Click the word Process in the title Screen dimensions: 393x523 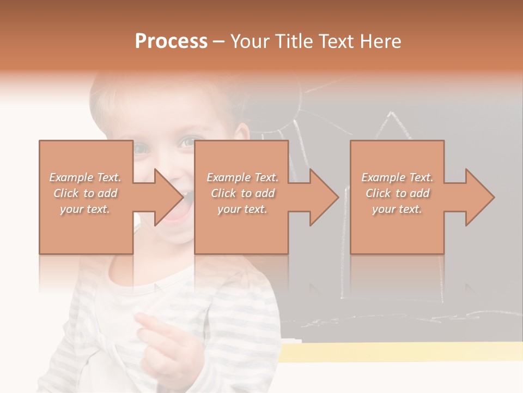(x=171, y=41)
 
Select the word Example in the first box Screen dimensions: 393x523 (x=71, y=177)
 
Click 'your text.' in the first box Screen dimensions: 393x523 (x=85, y=209)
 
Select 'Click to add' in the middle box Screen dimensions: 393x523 (x=242, y=193)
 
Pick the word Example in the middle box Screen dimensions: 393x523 (x=228, y=177)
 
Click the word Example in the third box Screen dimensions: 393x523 (x=383, y=177)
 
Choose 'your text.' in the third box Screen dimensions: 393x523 (x=397, y=209)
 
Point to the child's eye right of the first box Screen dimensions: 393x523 (x=187, y=142)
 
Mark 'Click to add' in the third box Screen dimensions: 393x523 (x=397, y=193)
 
